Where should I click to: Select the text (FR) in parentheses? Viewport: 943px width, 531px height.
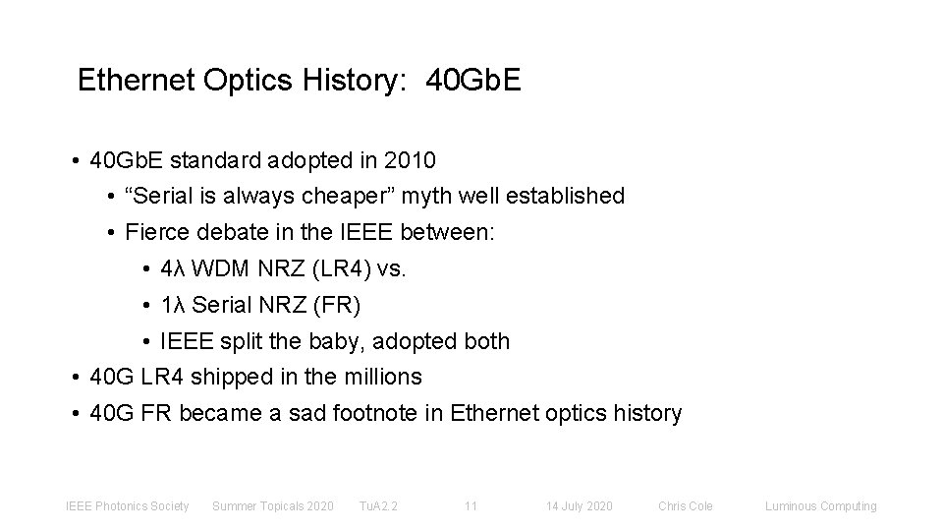click(x=338, y=306)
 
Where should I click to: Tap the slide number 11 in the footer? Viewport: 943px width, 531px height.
click(x=471, y=506)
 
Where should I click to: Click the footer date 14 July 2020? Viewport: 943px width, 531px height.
click(x=580, y=506)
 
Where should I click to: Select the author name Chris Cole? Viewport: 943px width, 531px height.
click(x=686, y=506)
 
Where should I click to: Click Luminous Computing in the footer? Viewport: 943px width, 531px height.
click(x=821, y=506)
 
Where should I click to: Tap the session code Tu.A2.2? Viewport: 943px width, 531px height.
click(x=378, y=506)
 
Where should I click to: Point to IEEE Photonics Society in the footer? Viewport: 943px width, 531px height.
click(x=127, y=506)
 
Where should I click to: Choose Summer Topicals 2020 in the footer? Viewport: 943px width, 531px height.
click(x=273, y=506)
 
